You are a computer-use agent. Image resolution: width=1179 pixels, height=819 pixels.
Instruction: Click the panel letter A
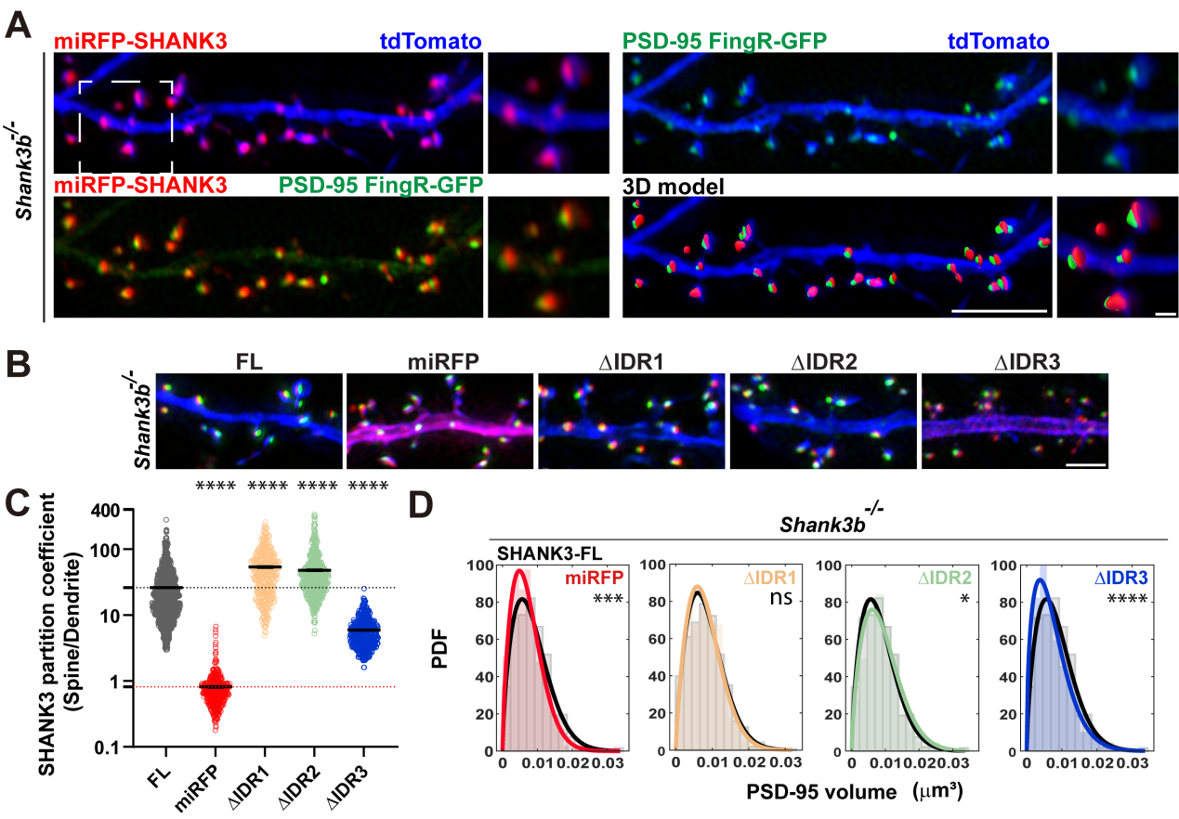(20, 21)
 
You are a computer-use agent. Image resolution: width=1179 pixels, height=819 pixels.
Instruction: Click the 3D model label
(674, 186)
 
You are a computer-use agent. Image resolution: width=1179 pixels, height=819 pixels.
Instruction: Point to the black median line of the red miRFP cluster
(217, 686)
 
